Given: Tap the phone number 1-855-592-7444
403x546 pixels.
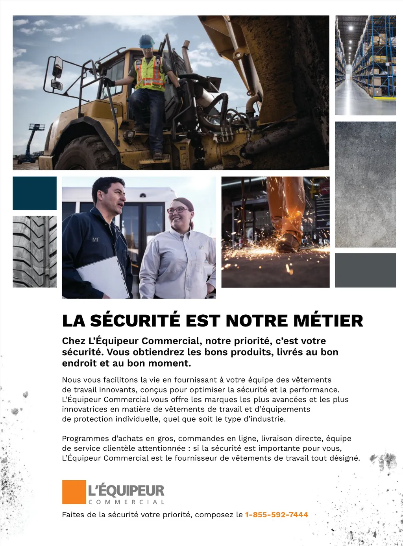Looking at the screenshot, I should click(x=276, y=515).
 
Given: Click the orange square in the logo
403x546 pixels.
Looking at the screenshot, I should click(x=74, y=492).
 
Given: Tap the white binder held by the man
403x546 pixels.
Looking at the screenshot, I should click(x=103, y=277).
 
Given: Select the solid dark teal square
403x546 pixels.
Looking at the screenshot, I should click(x=35, y=193).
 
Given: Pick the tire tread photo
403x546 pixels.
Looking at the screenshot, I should click(x=35, y=251).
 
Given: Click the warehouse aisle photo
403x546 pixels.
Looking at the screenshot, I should click(x=365, y=65).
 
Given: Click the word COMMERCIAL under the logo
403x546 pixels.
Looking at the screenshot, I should click(x=126, y=502).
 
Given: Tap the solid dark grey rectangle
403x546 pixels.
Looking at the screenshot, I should click(x=365, y=270).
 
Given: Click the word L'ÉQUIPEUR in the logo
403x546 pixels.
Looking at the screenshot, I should click(x=126, y=491).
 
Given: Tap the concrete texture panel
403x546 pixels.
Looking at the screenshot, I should click(x=365, y=184).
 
